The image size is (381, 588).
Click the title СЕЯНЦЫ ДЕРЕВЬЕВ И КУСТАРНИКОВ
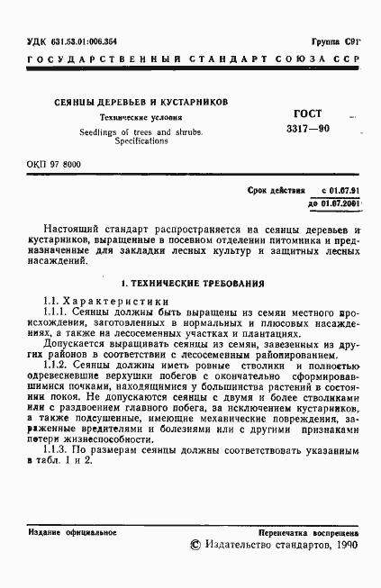tap(138, 102)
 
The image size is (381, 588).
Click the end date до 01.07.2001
tap(334, 204)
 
